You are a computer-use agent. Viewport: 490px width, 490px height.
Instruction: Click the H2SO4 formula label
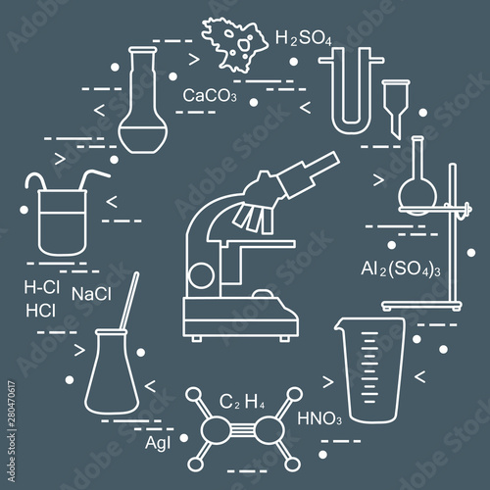tap(304, 38)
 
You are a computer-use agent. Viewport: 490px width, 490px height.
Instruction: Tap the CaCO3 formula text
tap(210, 95)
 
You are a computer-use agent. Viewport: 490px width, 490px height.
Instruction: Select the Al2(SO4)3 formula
tap(401, 269)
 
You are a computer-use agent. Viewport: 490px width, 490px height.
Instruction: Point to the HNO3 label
tap(319, 418)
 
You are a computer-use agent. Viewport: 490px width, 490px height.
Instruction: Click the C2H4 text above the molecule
tap(242, 402)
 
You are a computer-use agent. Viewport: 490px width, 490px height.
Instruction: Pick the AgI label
tap(158, 443)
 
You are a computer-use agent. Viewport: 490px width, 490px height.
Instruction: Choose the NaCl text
tap(91, 294)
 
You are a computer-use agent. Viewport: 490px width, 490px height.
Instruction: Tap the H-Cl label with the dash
tap(42, 287)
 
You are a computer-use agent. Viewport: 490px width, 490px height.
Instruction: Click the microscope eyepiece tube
tap(309, 174)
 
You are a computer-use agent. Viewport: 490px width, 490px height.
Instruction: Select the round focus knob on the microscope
tap(202, 276)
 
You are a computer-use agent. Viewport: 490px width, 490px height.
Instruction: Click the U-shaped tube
tap(352, 92)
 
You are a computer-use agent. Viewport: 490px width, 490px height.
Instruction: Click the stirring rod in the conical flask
tap(129, 301)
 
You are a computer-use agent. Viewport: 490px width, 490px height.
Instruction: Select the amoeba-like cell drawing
tap(234, 45)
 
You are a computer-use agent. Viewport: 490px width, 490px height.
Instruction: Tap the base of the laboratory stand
tap(421, 306)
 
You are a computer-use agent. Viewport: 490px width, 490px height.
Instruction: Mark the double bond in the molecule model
tap(242, 429)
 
